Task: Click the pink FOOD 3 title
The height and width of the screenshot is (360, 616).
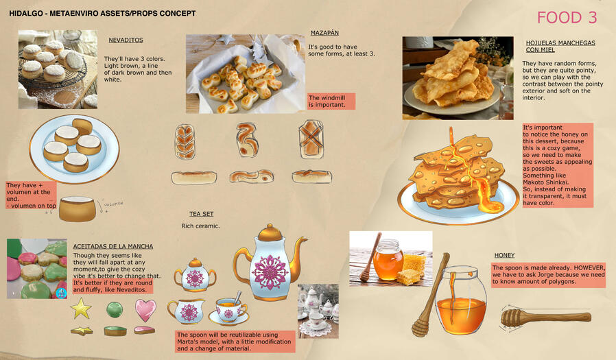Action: click(567, 18)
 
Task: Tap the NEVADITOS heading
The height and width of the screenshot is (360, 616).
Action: click(126, 40)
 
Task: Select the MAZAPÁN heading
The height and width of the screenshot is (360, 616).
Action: click(324, 33)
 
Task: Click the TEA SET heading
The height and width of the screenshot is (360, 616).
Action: click(201, 214)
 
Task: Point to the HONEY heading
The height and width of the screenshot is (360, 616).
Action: click(504, 255)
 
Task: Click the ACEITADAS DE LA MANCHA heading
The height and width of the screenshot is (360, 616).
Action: click(113, 247)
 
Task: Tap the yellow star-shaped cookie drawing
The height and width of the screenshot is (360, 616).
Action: click(82, 308)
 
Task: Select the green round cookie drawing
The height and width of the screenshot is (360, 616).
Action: click(115, 309)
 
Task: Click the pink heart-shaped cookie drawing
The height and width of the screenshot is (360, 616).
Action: click(145, 310)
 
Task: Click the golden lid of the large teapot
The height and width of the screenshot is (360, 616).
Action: click(270, 233)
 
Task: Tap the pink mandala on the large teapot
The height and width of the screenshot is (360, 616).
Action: click(270, 272)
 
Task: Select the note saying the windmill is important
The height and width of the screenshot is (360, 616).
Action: click(331, 101)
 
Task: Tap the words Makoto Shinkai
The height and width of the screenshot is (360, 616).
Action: click(545, 182)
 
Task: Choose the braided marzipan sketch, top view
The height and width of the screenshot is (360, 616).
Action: click(185, 142)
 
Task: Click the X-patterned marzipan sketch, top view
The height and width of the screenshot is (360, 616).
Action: click(311, 139)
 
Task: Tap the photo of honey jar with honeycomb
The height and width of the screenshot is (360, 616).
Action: click(391, 259)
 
